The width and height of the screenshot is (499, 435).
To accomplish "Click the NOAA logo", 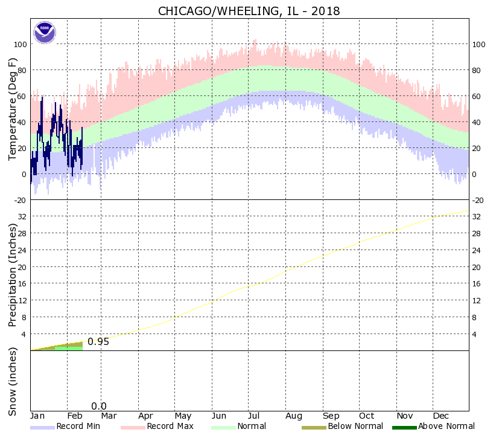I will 45,32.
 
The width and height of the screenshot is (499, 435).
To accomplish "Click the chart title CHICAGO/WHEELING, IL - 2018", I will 249,11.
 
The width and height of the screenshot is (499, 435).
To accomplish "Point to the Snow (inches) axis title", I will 13,382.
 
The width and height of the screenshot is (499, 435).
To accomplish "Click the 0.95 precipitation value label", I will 98,342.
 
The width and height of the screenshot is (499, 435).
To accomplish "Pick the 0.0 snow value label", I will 99,407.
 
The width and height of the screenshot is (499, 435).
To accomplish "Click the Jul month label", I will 254,416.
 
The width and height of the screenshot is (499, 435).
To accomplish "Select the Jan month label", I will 37,416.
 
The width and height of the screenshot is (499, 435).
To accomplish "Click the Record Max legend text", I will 170,427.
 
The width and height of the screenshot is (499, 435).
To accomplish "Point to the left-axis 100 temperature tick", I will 20,45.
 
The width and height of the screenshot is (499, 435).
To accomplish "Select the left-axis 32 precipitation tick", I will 22,216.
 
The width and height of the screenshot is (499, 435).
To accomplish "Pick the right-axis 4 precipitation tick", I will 475,334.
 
